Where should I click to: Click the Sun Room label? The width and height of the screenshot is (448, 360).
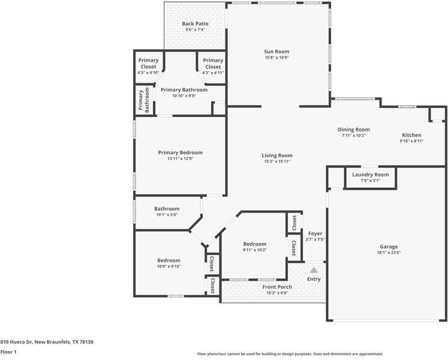[x=276, y=52]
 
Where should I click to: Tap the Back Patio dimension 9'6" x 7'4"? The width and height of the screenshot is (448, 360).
[x=195, y=29]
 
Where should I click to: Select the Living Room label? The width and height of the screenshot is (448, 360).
[x=277, y=155]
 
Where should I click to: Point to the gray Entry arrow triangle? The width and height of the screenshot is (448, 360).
[x=314, y=270]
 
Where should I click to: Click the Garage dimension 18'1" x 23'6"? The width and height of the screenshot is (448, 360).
[x=389, y=253]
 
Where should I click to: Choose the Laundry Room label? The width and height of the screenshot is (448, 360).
[x=370, y=175]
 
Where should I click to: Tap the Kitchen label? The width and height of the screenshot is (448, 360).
[x=411, y=135]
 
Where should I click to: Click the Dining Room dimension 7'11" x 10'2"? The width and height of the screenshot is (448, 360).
[x=354, y=136]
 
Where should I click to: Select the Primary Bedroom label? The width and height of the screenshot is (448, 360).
[x=181, y=152]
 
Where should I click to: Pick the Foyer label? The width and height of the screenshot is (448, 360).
[x=315, y=233]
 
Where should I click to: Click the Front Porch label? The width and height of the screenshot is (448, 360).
[x=277, y=287]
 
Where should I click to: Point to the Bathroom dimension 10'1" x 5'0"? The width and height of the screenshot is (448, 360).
[x=167, y=215]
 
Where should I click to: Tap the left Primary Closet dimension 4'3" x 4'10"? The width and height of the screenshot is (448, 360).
[x=148, y=73]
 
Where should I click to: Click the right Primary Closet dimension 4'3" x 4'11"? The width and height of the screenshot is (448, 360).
[x=213, y=73]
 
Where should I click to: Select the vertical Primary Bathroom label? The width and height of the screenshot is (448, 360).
[x=144, y=100]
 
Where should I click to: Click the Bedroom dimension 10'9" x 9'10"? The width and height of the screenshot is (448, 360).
[x=169, y=266]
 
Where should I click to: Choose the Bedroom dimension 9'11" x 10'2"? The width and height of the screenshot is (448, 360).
[x=255, y=250]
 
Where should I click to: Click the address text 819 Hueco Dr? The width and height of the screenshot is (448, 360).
[x=17, y=342]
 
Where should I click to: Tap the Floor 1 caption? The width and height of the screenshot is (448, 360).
[x=8, y=352]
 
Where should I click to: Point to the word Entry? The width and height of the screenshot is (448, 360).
[x=314, y=279]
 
